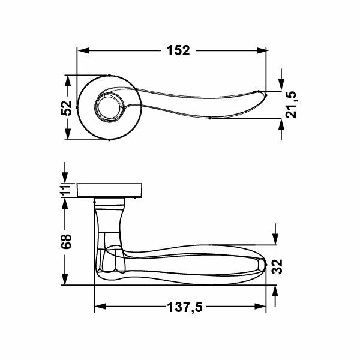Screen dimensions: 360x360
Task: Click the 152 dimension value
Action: pos(178,50)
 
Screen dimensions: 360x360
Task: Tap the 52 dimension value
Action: pos(67,107)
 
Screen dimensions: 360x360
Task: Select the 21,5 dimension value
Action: pos(291,104)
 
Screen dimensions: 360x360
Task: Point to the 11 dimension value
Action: pos(65,190)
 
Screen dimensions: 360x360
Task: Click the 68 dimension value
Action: pos(66,241)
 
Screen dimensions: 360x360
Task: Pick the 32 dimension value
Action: pos(277,266)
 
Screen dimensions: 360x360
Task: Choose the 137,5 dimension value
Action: pos(185,307)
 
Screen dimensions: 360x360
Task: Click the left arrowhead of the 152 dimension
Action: pos(83,50)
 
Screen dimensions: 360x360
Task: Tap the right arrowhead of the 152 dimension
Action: pos(261,50)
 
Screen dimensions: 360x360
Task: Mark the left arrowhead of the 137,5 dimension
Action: pos(100,307)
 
